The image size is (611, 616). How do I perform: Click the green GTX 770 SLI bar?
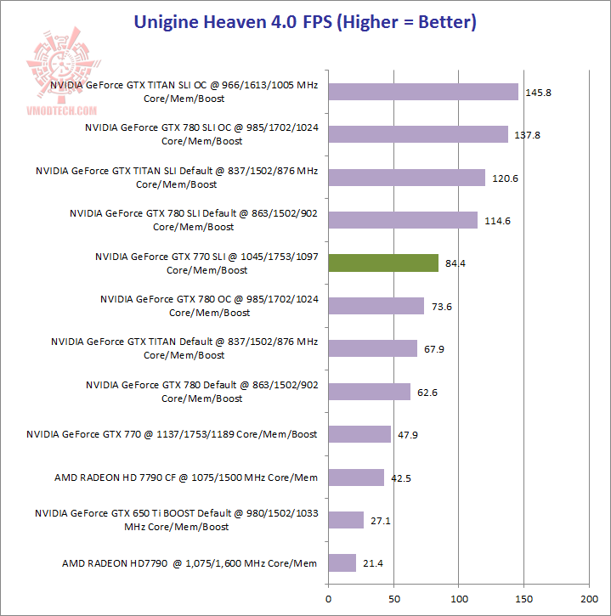pos(383,263)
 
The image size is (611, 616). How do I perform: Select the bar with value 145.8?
pos(423,92)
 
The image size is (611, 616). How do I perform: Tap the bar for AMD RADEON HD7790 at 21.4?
pos(342,562)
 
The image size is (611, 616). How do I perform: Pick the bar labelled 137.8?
pos(418,134)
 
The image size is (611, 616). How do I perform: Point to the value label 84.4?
pos(455,263)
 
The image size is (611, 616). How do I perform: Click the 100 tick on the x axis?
pos(459,588)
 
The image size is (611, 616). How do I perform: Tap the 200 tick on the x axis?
pos(590,588)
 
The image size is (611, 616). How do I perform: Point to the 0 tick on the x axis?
pos(328,588)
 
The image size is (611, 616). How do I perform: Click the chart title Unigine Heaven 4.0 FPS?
pos(305,21)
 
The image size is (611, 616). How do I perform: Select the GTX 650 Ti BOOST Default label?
pos(176,520)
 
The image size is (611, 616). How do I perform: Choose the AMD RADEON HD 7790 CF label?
pos(186,478)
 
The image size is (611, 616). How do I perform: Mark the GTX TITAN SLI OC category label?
pos(184,92)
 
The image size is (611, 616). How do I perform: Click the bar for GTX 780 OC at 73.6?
pos(376,306)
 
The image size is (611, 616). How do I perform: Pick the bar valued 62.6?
pos(369,392)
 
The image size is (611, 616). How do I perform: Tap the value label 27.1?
pos(381,520)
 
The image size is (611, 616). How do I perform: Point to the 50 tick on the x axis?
pos(393,588)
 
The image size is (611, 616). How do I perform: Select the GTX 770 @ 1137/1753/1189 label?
pos(172,434)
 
